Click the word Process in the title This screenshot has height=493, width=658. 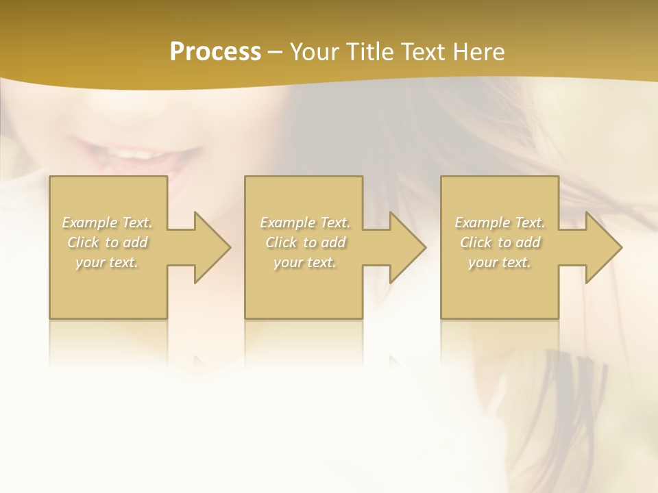click(215, 52)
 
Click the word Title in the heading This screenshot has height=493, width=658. click(368, 52)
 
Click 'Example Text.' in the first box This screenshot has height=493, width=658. click(107, 223)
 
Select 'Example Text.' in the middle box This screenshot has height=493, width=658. click(305, 223)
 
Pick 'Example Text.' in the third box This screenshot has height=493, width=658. click(500, 223)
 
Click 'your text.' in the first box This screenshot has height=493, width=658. click(107, 262)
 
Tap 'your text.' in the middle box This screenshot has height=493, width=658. click(305, 262)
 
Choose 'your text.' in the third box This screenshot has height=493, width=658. click(500, 262)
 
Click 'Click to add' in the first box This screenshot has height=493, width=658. click(107, 242)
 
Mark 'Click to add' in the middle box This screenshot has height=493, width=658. click(305, 242)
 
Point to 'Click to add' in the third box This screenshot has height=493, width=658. click(500, 242)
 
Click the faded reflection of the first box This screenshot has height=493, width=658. click(108, 342)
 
